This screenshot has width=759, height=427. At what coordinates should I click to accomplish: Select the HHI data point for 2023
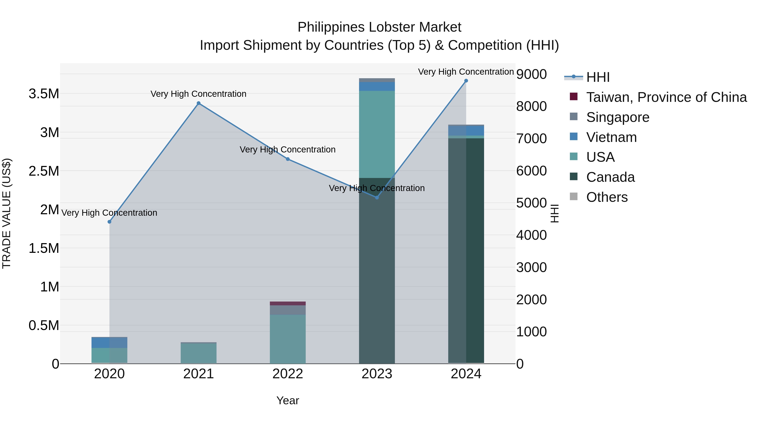pos(377,197)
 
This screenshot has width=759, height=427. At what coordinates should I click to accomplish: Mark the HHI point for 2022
pos(288,159)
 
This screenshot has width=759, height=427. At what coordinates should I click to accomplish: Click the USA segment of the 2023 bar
pos(377,134)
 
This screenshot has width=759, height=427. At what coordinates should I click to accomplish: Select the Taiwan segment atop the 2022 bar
pos(288,303)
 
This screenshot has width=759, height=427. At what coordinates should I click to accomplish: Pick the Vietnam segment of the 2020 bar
pos(100,342)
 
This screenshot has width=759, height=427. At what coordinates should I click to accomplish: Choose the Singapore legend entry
pos(618,117)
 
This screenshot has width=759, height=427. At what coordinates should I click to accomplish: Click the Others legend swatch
pos(574,197)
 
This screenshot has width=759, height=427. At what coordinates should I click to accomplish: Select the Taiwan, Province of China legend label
pos(666,97)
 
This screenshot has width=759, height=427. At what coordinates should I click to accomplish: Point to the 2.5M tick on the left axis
pos(44,171)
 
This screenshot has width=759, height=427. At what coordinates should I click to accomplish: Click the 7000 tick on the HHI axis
pos(532,139)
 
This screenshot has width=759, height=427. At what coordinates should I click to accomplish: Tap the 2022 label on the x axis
pos(288,374)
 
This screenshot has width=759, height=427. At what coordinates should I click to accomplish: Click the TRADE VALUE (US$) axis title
pos(7,213)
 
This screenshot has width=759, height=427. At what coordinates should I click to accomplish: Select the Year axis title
pos(288,400)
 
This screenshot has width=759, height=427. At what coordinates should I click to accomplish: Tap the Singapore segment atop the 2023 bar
pos(377,80)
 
